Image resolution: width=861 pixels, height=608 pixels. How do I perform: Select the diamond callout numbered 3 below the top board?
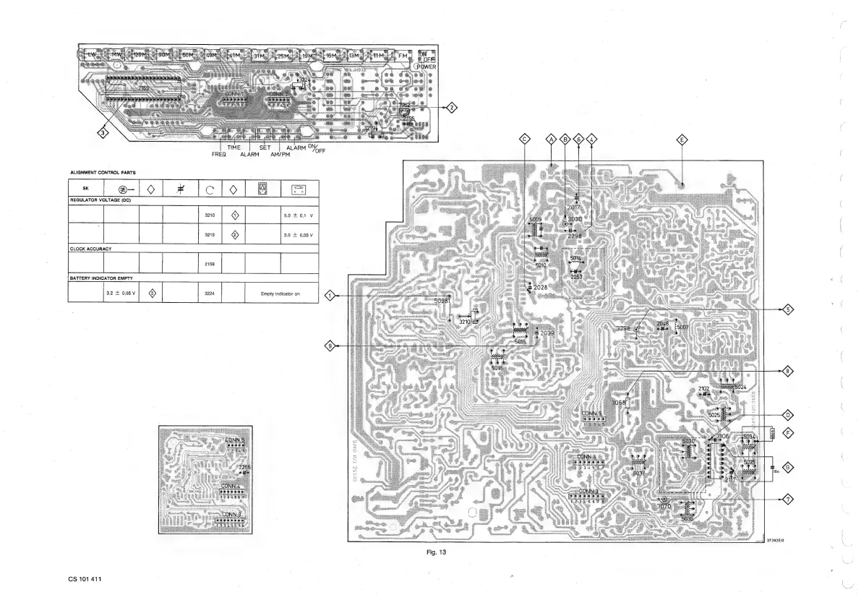[x=104, y=132]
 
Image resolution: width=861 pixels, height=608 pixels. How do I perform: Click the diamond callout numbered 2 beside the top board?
[x=452, y=108]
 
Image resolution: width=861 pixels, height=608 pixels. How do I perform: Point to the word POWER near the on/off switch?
[x=424, y=67]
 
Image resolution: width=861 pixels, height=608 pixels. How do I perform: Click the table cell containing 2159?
[x=210, y=264]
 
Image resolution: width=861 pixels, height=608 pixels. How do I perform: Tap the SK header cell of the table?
[x=85, y=189]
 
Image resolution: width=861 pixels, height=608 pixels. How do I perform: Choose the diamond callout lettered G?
[x=789, y=466]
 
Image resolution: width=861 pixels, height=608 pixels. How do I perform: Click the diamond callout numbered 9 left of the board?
[x=330, y=346]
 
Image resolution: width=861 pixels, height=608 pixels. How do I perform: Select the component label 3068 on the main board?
[x=618, y=403]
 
